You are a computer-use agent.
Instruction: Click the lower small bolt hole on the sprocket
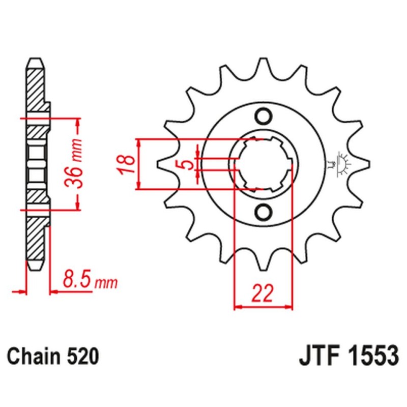click(x=264, y=211)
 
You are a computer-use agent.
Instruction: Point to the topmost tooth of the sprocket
click(x=264, y=64)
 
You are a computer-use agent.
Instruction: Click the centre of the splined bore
click(x=264, y=164)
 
